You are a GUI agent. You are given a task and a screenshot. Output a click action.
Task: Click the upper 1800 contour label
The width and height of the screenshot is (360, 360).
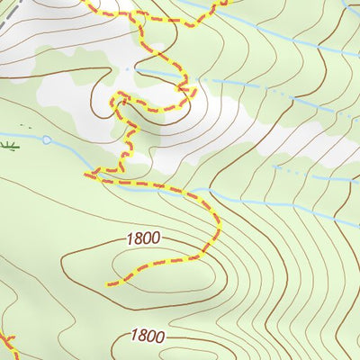[x=143, y=238]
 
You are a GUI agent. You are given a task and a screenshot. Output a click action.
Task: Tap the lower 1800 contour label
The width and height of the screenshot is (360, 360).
[x=147, y=336]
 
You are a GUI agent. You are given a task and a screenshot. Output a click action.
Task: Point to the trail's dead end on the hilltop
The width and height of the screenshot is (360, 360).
[x=109, y=284]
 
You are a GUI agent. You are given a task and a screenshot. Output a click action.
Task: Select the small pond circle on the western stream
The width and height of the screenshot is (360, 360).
[x=46, y=139]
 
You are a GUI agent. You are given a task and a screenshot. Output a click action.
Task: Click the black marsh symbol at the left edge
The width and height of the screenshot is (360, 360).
[x=9, y=144]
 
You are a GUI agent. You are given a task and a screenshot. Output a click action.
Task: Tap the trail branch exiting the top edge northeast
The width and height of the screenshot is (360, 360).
[x=220, y=3]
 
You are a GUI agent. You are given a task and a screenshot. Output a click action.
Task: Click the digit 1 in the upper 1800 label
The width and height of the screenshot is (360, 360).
[x=130, y=238]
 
